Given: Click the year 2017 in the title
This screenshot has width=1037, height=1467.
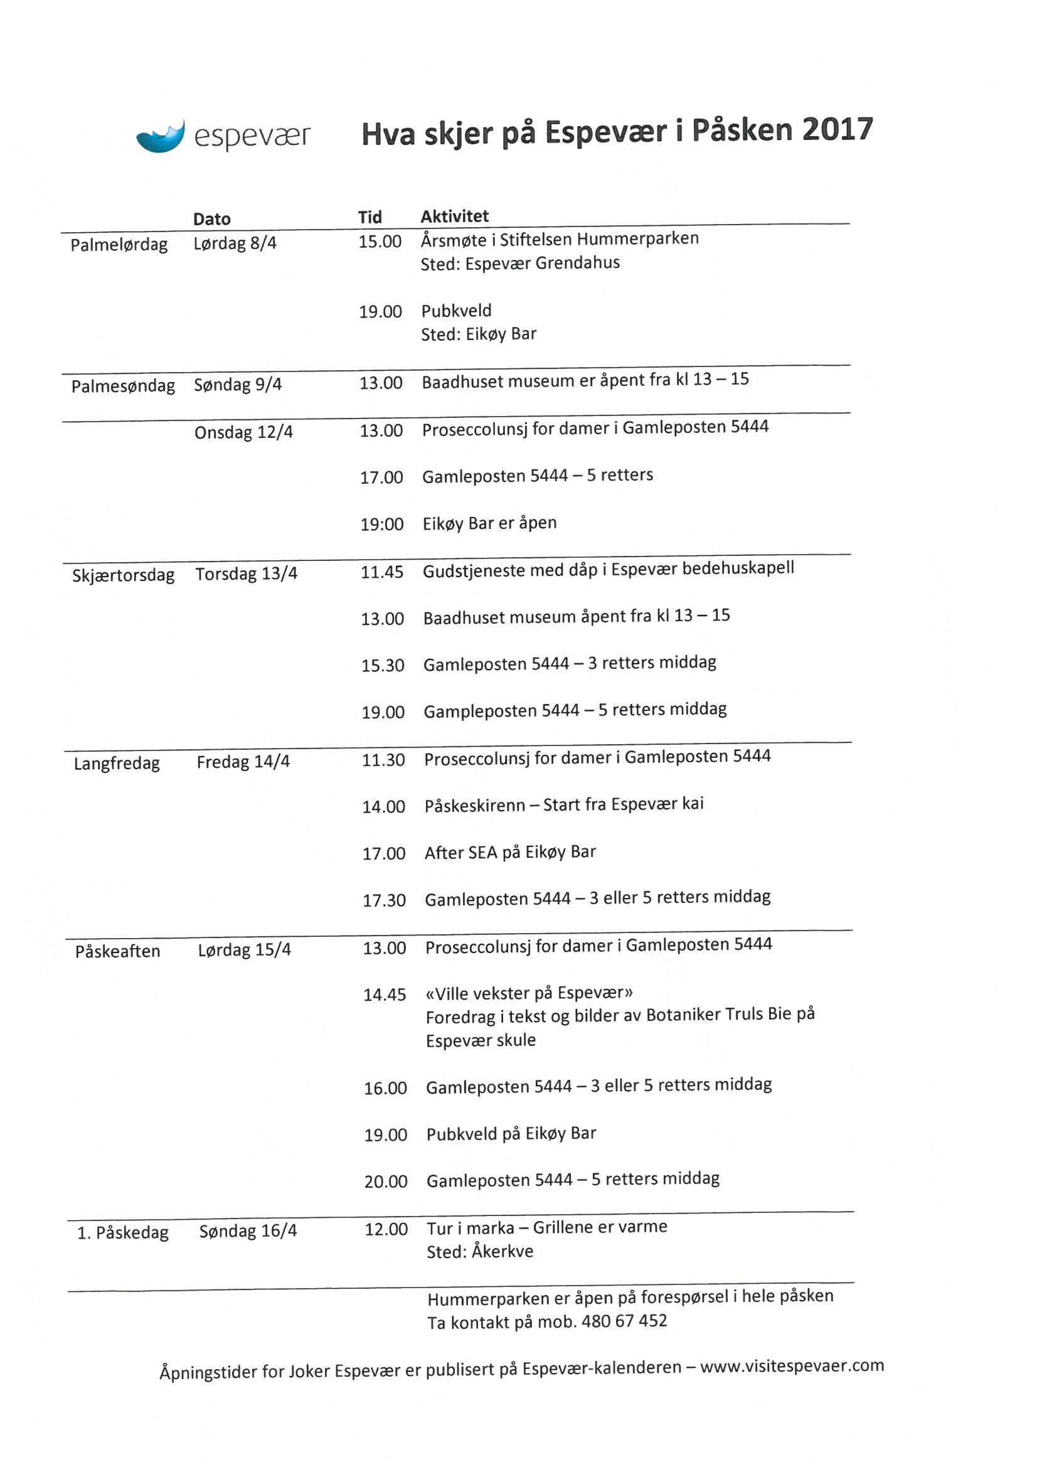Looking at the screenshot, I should [837, 129].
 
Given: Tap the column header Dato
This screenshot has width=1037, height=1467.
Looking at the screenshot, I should [211, 219].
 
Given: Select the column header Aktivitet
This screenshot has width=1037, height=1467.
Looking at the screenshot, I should [454, 216].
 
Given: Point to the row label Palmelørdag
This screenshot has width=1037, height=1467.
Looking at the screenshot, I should [119, 245].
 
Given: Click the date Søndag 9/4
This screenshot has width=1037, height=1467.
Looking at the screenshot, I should [238, 385].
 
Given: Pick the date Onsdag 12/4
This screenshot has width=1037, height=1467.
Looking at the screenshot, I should [243, 432].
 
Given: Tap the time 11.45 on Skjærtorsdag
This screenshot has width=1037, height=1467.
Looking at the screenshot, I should [381, 572].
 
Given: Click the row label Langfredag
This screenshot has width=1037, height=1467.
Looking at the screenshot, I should [117, 764].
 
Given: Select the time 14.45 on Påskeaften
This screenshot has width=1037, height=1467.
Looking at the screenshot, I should [385, 995].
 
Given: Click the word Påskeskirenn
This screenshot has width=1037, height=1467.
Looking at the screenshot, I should [475, 806].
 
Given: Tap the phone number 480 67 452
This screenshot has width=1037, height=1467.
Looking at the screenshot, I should [624, 1321].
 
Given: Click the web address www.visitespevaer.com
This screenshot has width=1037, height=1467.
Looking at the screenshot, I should [792, 1366].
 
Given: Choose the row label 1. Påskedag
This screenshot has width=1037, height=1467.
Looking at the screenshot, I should [123, 1232].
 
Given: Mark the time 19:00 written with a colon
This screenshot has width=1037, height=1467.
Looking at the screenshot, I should [381, 525].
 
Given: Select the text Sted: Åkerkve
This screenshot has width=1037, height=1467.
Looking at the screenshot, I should [480, 1251].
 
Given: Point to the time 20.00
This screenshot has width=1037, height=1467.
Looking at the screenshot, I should [386, 1182].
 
